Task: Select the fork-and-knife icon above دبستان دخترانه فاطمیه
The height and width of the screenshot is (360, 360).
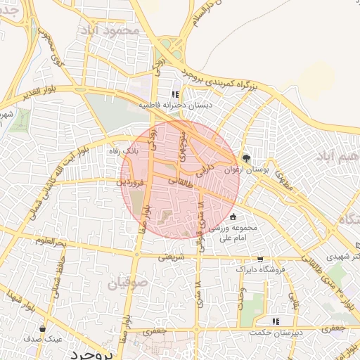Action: tap(175, 94)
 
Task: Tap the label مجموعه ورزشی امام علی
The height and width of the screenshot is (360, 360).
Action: tap(235, 233)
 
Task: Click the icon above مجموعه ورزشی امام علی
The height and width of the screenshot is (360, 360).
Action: tap(233, 217)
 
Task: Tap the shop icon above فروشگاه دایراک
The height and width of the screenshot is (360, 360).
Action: tap(261, 259)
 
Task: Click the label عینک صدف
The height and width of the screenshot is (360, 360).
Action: tap(43, 338)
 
